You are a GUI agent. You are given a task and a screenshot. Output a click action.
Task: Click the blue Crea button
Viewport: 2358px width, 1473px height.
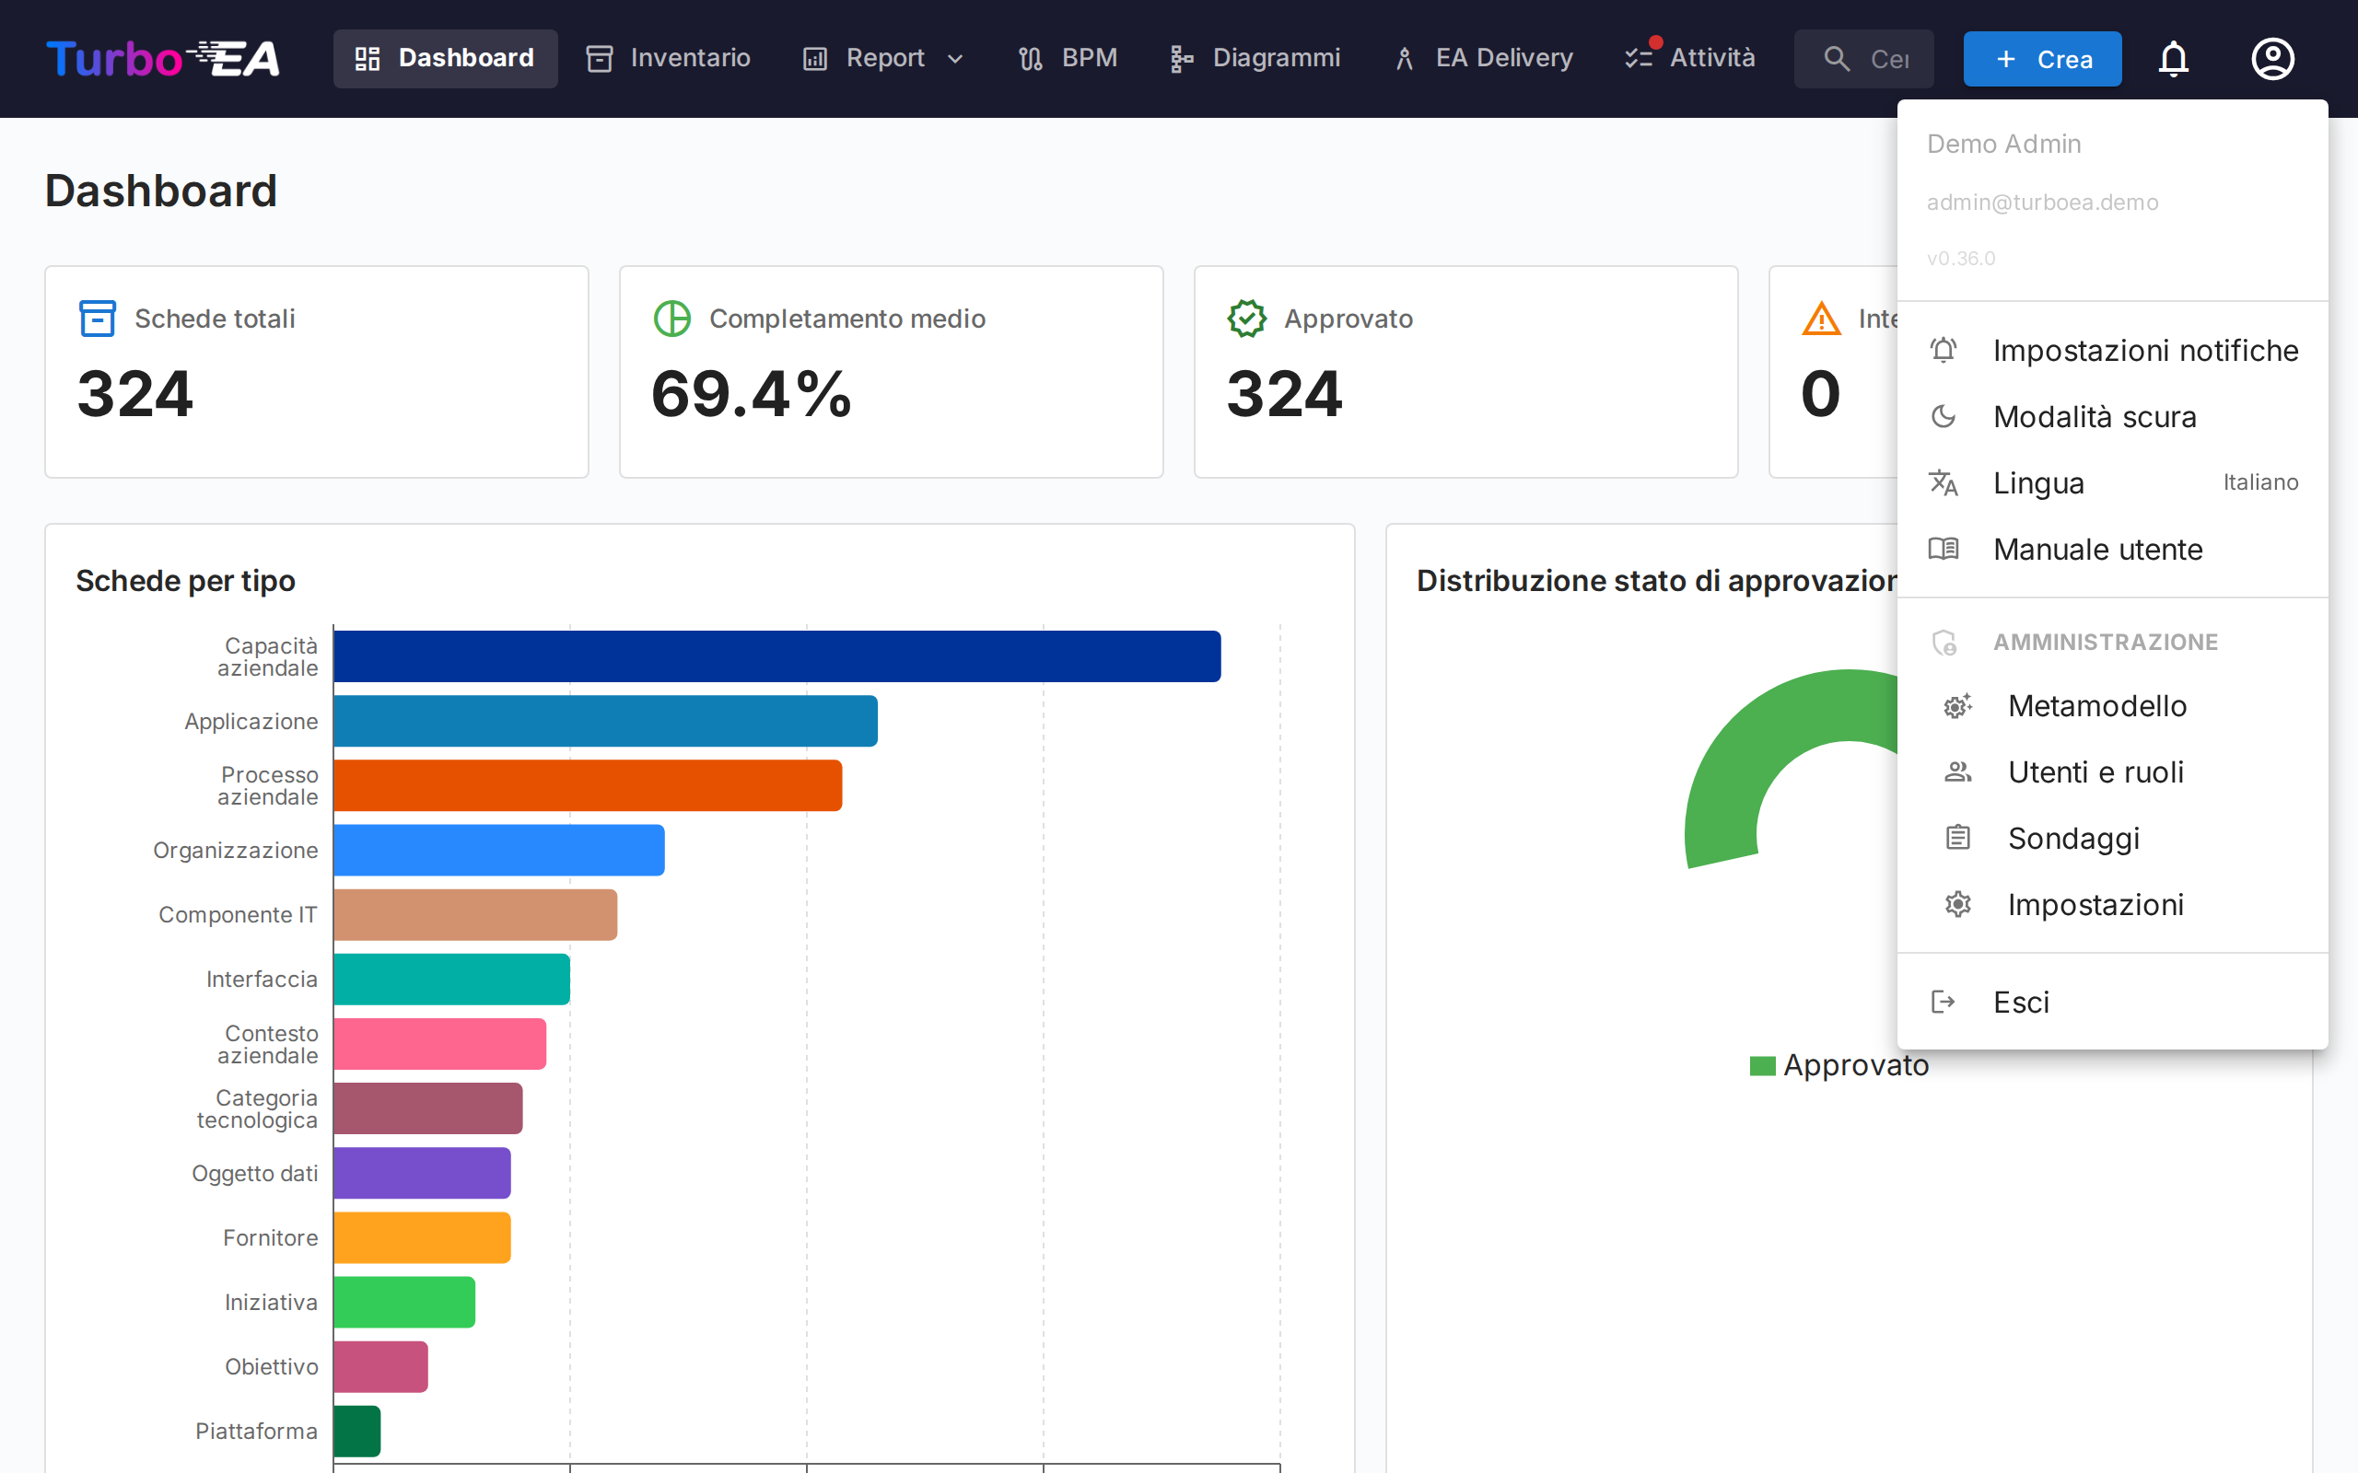(x=2041, y=60)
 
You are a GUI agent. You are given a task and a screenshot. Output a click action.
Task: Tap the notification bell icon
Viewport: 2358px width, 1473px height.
(x=2173, y=60)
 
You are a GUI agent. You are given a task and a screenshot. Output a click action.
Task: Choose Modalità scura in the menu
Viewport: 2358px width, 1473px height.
(x=2094, y=417)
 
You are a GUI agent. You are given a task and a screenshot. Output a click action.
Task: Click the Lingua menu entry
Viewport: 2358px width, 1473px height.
(x=2038, y=483)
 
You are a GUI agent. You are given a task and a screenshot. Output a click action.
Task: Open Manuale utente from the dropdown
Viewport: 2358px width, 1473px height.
(x=2096, y=550)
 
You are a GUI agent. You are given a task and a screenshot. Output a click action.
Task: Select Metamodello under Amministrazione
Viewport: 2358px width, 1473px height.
(x=2096, y=705)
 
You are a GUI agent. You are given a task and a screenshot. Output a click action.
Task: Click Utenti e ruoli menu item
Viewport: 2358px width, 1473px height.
(x=2095, y=771)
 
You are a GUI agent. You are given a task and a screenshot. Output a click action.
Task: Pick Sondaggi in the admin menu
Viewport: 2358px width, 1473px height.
(x=2073, y=838)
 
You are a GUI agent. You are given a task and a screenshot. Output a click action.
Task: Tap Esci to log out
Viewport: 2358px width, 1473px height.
(x=2021, y=1003)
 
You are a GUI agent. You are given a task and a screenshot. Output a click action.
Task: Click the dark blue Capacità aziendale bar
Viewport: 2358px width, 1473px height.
(x=776, y=656)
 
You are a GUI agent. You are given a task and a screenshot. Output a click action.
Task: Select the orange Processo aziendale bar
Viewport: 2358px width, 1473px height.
(x=588, y=785)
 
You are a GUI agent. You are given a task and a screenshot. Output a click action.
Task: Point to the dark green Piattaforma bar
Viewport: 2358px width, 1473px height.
(x=356, y=1431)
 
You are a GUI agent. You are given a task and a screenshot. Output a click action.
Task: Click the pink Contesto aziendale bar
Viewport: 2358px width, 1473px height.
(x=439, y=1043)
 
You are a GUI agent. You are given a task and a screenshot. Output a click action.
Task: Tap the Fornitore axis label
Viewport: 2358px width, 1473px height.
(x=270, y=1238)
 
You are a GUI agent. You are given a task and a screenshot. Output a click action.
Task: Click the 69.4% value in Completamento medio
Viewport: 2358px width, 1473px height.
(x=752, y=395)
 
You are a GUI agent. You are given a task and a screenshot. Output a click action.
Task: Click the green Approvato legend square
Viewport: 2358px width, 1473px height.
(x=1762, y=1066)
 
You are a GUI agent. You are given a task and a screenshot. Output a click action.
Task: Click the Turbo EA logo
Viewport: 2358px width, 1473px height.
(x=163, y=58)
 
